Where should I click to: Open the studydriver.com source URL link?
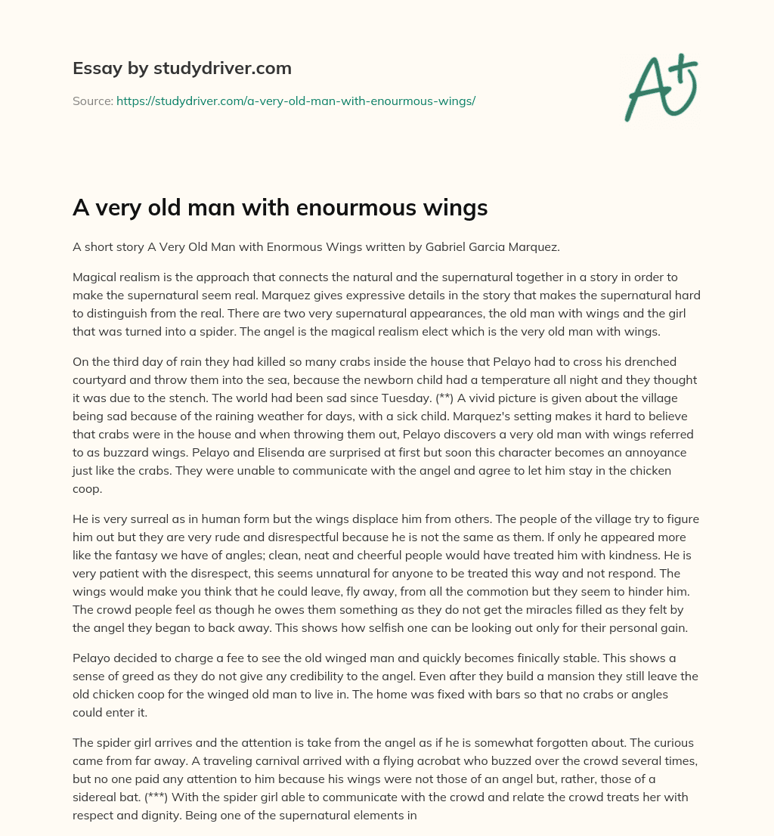tap(296, 101)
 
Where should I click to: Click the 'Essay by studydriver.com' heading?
tap(181, 68)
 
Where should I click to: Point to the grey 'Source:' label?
tap(92, 101)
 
